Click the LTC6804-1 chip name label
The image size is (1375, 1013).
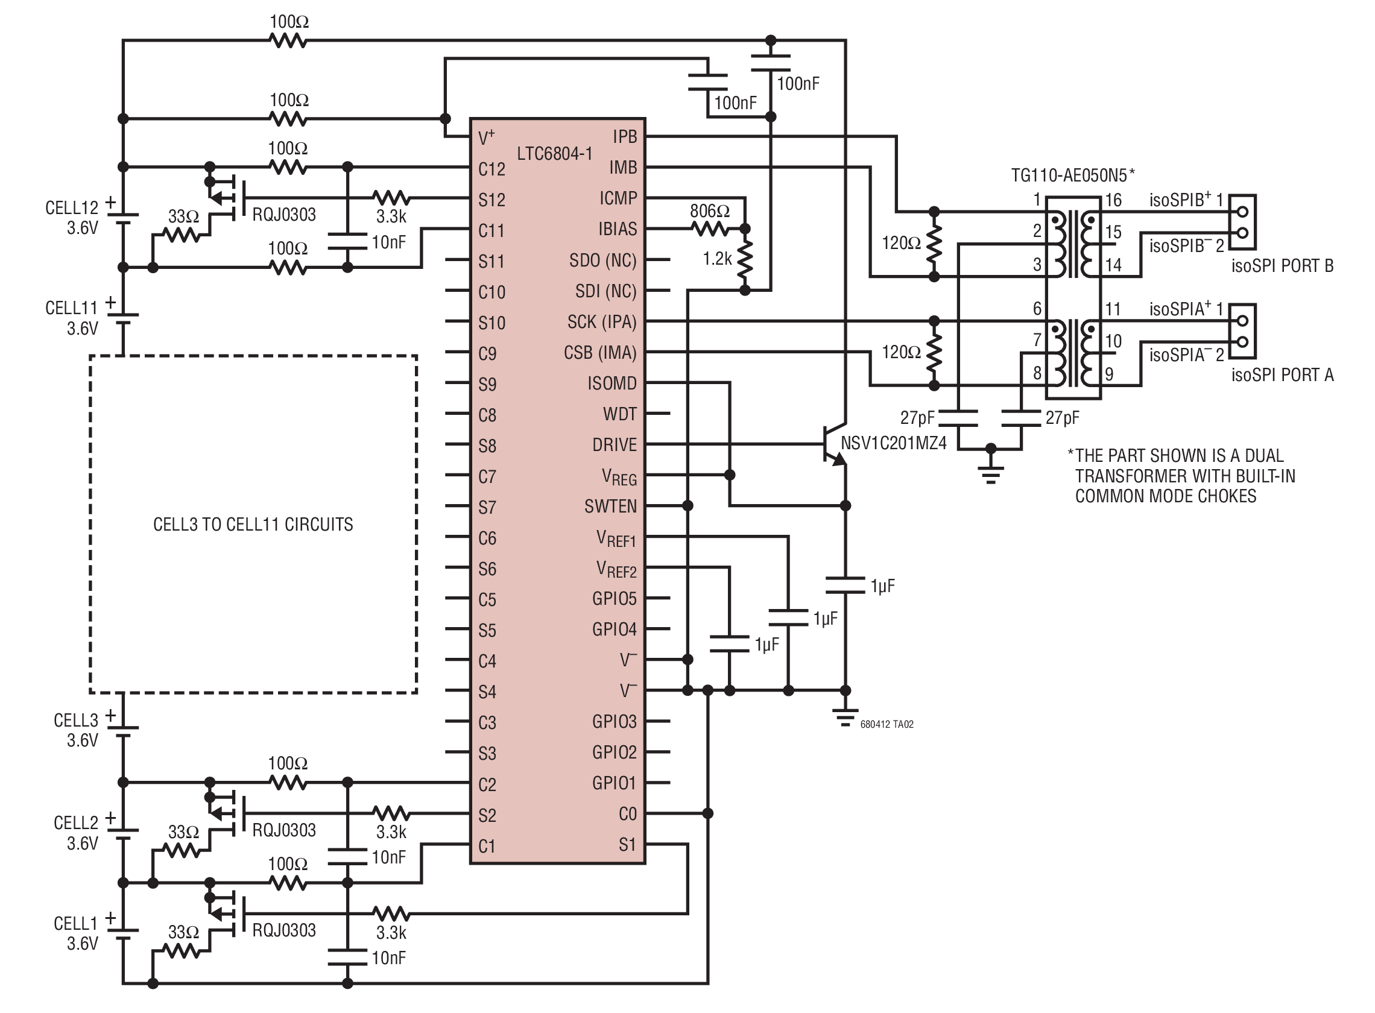point(554,153)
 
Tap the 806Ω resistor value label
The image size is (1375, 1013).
point(710,211)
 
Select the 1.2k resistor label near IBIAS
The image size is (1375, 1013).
point(717,259)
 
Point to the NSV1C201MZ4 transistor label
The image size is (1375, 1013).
point(894,443)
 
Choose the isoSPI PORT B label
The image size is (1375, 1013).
point(1282,265)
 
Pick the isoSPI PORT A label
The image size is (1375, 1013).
point(1282,374)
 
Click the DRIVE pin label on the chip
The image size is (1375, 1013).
point(615,444)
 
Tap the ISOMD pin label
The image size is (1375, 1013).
point(612,383)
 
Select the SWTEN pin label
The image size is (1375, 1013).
point(610,506)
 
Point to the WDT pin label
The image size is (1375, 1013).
point(620,414)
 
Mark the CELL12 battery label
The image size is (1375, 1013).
point(72,208)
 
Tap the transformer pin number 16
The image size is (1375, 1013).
point(1113,200)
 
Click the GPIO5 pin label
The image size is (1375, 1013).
point(615,599)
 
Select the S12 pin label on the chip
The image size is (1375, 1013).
point(492,200)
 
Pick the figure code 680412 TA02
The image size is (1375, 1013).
point(887,724)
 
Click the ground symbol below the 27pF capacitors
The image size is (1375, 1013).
point(990,472)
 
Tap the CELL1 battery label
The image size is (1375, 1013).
point(75,924)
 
